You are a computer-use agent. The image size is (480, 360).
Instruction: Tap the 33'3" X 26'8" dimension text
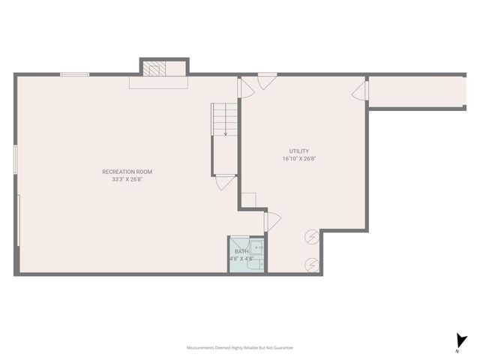tap(127, 179)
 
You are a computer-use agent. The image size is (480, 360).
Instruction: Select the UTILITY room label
tap(299, 151)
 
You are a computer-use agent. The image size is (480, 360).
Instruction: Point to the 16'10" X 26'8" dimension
tap(299, 159)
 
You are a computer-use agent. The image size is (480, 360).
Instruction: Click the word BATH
tap(241, 251)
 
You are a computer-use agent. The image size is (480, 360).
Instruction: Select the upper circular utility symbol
tap(312, 238)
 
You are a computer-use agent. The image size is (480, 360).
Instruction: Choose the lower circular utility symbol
tap(312, 264)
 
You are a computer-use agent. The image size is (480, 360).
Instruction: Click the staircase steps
tap(224, 120)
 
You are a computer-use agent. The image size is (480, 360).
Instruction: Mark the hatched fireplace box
tap(154, 68)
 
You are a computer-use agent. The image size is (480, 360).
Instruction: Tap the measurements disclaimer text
tap(240, 348)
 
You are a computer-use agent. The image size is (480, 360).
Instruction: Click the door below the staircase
tap(224, 183)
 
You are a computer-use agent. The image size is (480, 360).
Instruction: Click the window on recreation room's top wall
tap(75, 73)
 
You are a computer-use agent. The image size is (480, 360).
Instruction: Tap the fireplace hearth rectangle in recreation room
tap(158, 83)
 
